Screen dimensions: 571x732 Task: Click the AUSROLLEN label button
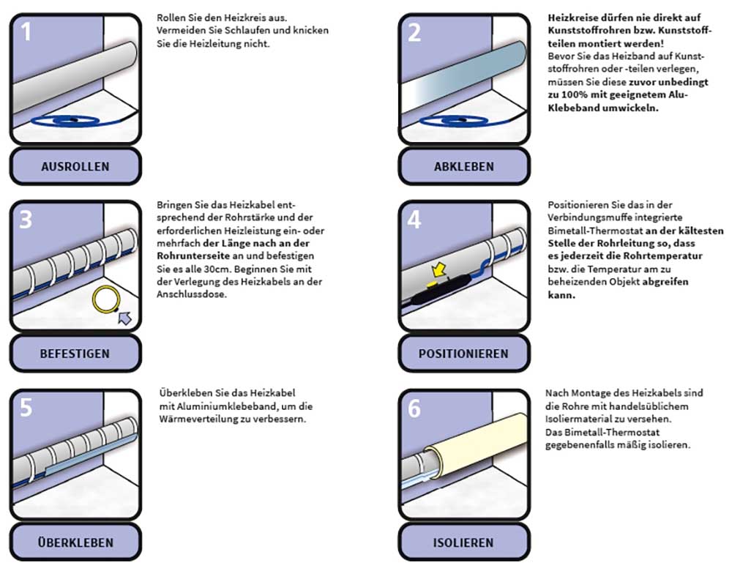pos(75,166)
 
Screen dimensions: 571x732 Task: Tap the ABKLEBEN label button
pos(463,166)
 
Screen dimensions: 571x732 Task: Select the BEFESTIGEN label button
pos(75,354)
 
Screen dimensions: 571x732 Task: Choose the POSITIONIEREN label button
pos(463,354)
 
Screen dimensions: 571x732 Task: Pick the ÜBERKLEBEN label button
pos(75,542)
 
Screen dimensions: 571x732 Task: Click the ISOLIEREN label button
pos(463,542)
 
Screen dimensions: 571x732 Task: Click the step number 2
pos(414,33)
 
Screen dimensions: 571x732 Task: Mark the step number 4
pos(414,220)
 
